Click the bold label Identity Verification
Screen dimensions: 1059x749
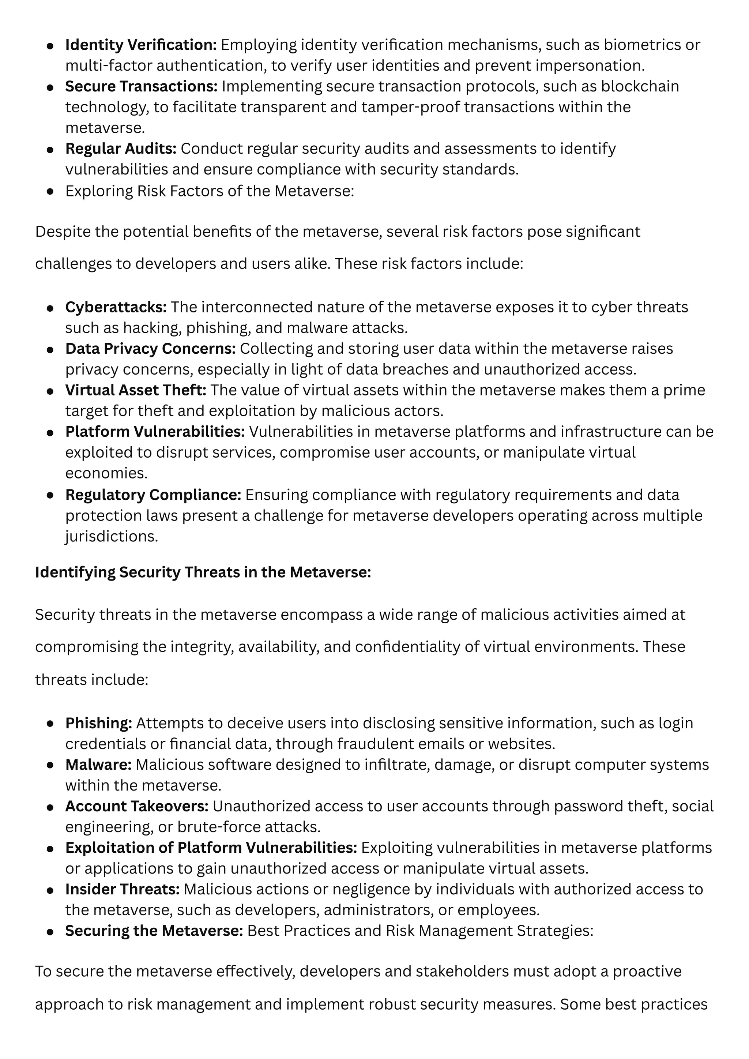tap(141, 45)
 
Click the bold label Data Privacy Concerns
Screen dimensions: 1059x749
tap(150, 348)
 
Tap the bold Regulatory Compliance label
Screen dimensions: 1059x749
tap(153, 495)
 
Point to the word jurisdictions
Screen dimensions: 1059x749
tap(111, 536)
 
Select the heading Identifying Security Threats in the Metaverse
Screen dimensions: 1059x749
tap(203, 572)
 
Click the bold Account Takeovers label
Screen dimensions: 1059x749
tap(136, 806)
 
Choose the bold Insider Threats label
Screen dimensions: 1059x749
tap(122, 889)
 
